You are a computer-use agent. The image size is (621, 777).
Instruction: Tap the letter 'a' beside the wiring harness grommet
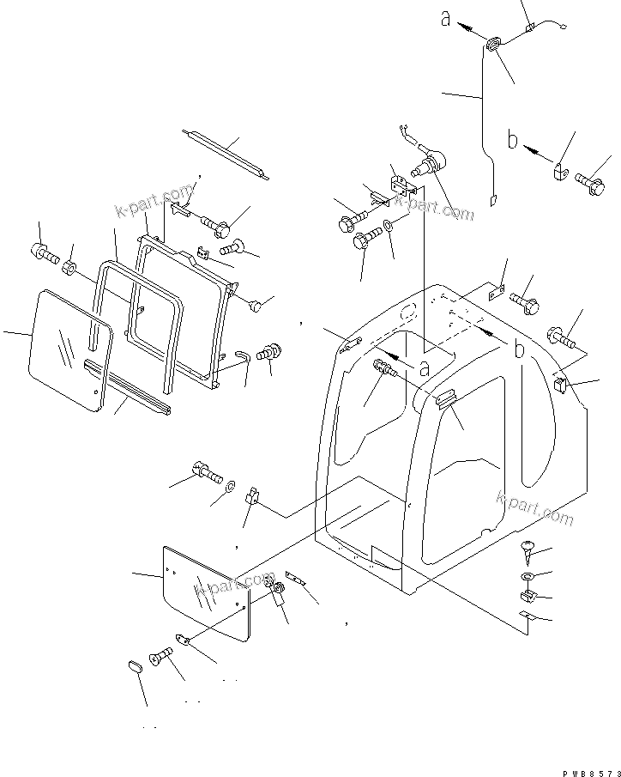click(446, 18)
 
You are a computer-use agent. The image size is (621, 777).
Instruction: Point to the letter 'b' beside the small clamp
click(514, 140)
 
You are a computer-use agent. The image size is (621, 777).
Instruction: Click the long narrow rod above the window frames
click(225, 154)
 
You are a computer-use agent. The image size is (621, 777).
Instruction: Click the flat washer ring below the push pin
click(526, 575)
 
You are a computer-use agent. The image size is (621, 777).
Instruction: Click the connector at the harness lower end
click(493, 201)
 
